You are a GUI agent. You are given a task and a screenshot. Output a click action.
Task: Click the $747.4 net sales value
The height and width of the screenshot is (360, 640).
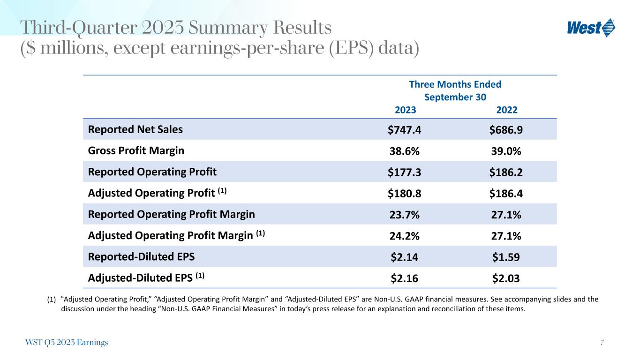404,130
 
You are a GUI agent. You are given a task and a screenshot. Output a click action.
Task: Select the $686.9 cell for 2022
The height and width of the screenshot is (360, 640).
506,130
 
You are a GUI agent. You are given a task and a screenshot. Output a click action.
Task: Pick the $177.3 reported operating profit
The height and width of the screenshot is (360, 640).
404,172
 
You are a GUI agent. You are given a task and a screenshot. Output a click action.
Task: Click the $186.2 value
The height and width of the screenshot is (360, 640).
506,172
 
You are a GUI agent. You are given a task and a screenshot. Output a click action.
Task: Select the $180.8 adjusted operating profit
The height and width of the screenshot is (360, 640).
404,193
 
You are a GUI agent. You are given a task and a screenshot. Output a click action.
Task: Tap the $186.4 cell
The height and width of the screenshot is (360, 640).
506,193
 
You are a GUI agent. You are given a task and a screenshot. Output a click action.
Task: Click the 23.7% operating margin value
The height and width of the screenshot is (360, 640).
404,215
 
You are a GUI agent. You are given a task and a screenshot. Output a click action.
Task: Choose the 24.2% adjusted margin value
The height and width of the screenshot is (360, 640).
404,236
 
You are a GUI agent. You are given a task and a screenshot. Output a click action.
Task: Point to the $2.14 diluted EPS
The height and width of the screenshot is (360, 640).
404,257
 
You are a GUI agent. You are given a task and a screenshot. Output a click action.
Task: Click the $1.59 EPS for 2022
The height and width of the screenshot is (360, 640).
506,257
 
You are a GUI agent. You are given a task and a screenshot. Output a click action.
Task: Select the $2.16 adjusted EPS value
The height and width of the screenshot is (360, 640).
404,278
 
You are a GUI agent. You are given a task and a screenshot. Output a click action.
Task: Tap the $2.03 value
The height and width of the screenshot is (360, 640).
506,278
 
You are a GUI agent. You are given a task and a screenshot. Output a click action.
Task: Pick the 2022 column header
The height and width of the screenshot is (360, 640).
507,110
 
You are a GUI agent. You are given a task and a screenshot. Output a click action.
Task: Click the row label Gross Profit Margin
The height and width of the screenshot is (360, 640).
136,151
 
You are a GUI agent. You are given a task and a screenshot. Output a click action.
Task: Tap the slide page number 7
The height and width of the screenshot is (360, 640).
602,343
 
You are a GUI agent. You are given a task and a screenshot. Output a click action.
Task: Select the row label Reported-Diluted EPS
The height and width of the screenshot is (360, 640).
141,257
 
